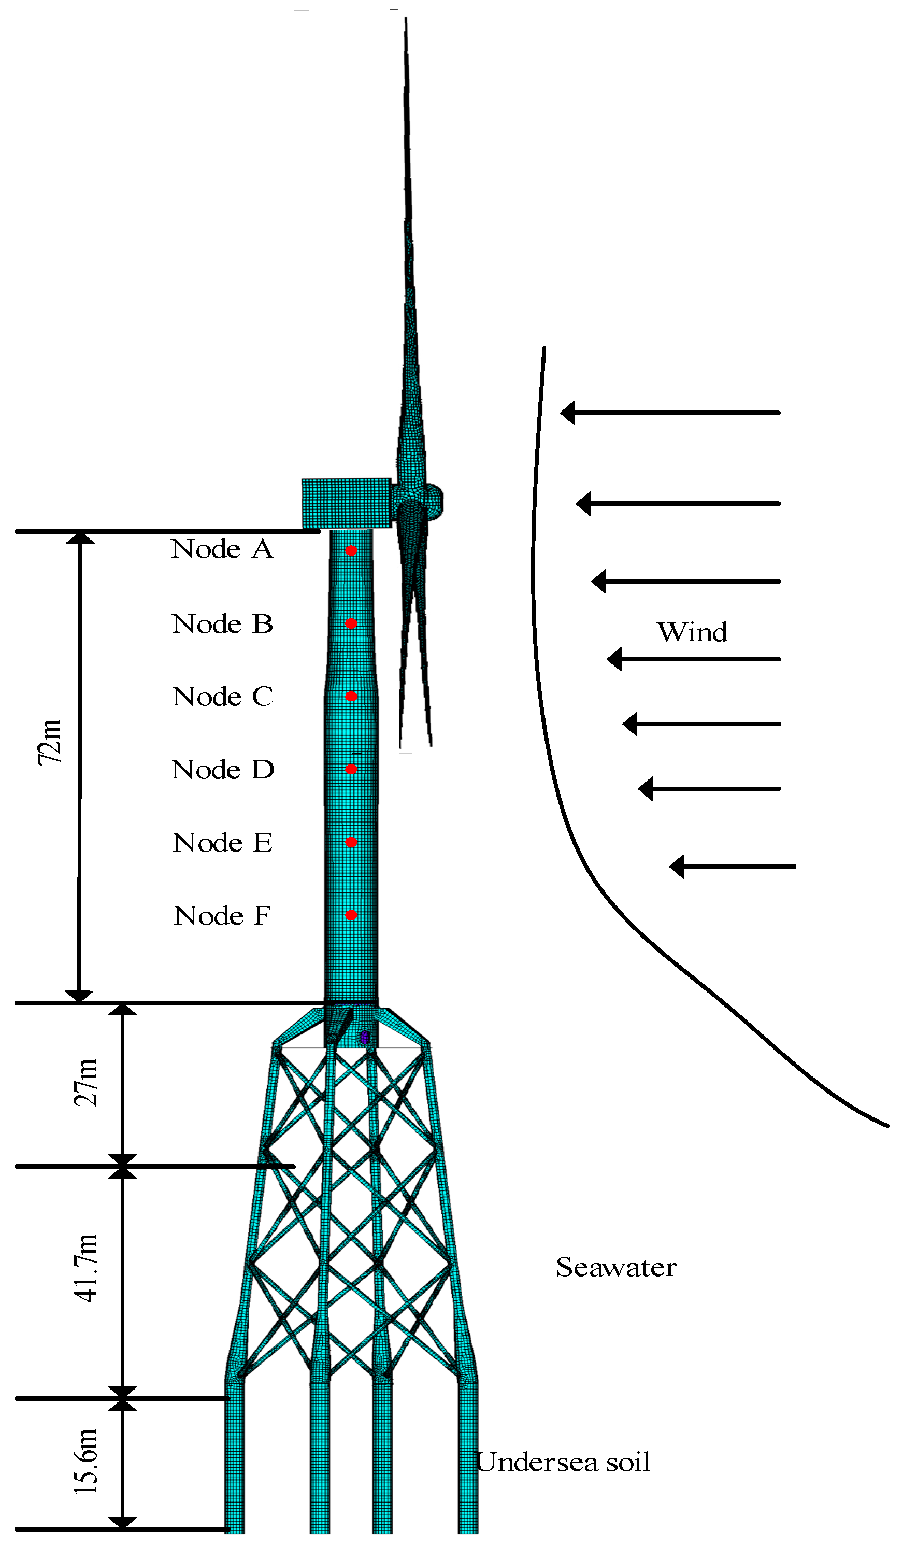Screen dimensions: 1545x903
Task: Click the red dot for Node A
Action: click(x=351, y=550)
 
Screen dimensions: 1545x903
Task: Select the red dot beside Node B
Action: click(x=351, y=623)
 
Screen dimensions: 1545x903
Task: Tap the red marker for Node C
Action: click(x=351, y=696)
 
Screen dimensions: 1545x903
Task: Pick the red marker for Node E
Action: click(x=351, y=842)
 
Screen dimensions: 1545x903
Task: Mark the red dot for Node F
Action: click(x=351, y=915)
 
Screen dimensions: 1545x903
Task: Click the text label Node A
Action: click(x=222, y=549)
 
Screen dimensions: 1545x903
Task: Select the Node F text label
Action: click(x=222, y=916)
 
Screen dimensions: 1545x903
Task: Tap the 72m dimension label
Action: click(x=50, y=742)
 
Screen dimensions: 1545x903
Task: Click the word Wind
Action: click(x=692, y=632)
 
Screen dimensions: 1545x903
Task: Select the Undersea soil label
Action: click(x=563, y=1462)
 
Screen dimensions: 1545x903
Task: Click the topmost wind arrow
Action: click(x=670, y=413)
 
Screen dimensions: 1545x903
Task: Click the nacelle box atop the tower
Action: click(x=347, y=503)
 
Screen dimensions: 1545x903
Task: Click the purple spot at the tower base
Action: click(x=364, y=1037)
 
